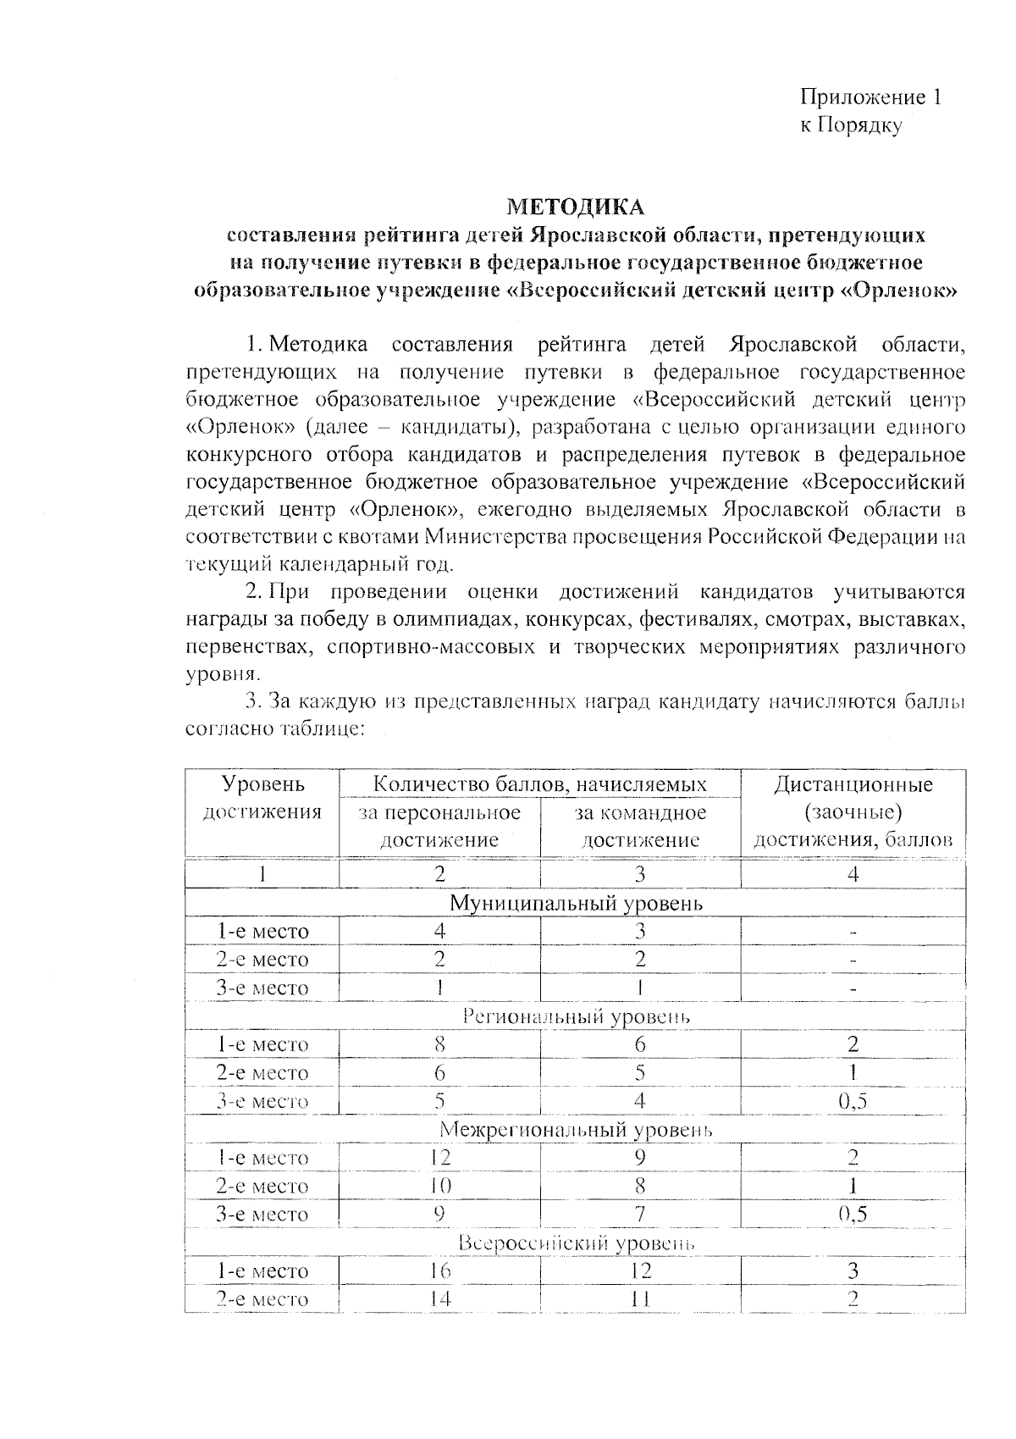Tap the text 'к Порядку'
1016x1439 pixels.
(851, 125)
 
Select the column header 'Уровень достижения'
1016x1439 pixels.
(262, 798)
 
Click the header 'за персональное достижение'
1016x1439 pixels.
(439, 826)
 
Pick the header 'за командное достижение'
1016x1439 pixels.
(640, 826)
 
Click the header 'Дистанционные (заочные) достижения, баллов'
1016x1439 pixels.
(853, 811)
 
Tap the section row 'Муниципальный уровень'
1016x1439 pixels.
(576, 903)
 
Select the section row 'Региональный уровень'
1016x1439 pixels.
(576, 1016)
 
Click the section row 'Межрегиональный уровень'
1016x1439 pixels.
(576, 1129)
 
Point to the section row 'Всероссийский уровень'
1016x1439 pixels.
(576, 1243)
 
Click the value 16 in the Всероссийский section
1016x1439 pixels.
(439, 1270)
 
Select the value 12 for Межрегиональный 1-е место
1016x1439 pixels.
(439, 1157)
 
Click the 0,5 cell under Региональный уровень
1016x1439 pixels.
(853, 1101)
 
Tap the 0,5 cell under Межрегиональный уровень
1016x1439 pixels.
(853, 1214)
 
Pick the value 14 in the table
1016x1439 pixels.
(439, 1298)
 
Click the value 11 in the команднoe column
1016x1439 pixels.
(640, 1298)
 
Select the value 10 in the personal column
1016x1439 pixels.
(439, 1186)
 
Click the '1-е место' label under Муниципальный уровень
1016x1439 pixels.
(262, 932)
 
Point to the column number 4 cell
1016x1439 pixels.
(853, 874)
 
